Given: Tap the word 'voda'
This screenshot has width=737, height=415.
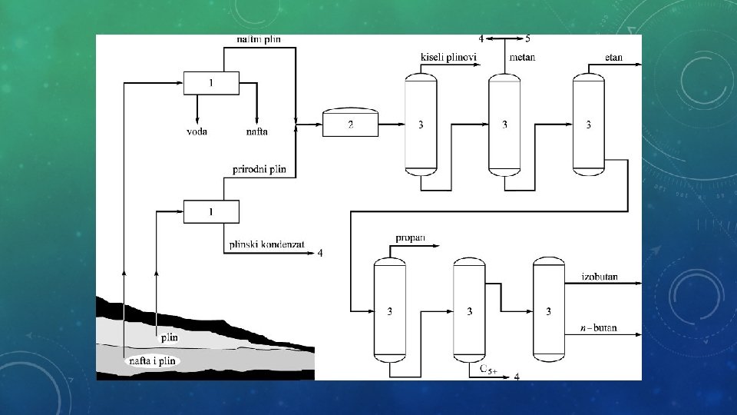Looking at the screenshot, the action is pyautogui.click(x=197, y=131).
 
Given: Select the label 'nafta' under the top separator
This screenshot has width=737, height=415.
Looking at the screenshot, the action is pyautogui.click(x=256, y=131).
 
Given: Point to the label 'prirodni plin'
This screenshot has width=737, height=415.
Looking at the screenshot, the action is pyautogui.click(x=259, y=169).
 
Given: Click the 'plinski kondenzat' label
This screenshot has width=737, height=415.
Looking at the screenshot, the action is pyautogui.click(x=266, y=245).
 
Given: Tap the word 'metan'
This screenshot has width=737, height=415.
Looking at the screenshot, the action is pyautogui.click(x=522, y=57).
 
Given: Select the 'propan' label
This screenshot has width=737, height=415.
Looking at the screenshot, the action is pyautogui.click(x=410, y=239).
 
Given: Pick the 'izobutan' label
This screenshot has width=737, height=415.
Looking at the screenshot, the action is pyautogui.click(x=599, y=276).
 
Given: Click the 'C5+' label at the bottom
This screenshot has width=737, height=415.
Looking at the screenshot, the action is pyautogui.click(x=488, y=371).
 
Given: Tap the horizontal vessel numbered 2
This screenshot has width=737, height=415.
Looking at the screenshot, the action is pyautogui.click(x=350, y=124).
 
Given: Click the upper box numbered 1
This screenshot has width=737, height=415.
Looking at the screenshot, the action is pyautogui.click(x=211, y=82).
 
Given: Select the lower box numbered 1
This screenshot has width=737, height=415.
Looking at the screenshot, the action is pyautogui.click(x=211, y=211).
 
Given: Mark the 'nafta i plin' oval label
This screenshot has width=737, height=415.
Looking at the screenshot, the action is pyautogui.click(x=151, y=360).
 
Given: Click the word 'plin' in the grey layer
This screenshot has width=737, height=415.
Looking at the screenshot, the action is pyautogui.click(x=169, y=337).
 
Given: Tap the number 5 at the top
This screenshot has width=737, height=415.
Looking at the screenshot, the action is pyautogui.click(x=527, y=38).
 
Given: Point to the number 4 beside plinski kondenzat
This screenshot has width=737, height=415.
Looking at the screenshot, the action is pyautogui.click(x=320, y=253).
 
